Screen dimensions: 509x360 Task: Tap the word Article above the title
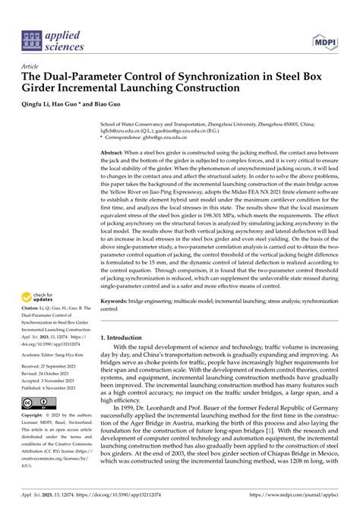(x=33, y=66)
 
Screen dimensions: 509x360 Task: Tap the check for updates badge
(x=39, y=276)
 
